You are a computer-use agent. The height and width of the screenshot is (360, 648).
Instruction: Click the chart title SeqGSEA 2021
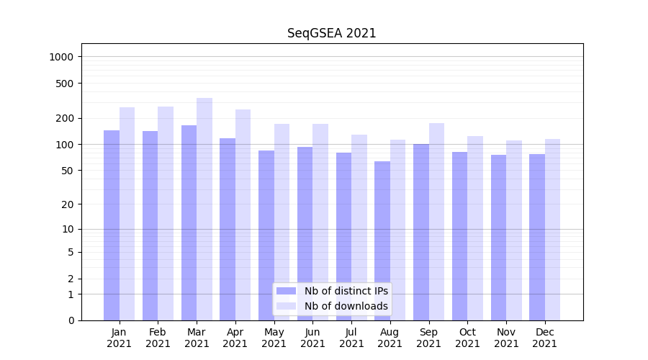pos(331,33)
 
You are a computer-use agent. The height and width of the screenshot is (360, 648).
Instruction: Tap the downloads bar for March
pos(204,209)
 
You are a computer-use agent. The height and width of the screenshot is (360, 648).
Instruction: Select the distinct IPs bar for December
pos(537,237)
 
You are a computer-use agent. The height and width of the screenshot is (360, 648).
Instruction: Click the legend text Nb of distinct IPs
pos(346,291)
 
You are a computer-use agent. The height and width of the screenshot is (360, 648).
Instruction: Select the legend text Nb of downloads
pos(346,306)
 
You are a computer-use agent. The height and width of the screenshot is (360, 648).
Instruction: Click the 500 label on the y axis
pos(66,84)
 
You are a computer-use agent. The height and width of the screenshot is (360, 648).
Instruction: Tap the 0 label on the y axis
pos(71,320)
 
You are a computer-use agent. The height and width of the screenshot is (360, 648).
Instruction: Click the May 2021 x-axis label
pos(274,338)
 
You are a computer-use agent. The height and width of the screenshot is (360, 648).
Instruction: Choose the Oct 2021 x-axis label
pos(467,338)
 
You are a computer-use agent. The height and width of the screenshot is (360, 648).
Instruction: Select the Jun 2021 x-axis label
pos(312,338)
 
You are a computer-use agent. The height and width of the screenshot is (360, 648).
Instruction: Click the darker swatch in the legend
pos(286,291)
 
